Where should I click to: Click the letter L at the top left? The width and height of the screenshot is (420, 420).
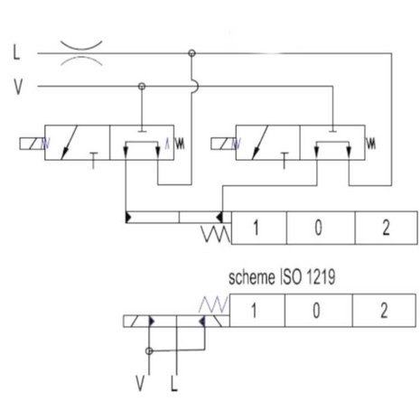click(16, 52)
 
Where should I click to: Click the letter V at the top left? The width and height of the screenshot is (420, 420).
click(18, 87)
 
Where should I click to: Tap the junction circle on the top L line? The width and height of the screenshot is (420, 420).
click(191, 53)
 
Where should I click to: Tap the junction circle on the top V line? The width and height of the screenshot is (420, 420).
click(142, 87)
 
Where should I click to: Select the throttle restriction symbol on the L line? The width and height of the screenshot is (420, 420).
click(81, 53)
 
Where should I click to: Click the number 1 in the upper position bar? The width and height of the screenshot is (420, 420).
click(256, 228)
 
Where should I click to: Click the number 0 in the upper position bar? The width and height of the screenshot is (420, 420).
click(318, 228)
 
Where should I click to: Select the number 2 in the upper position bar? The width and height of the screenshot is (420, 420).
click(386, 228)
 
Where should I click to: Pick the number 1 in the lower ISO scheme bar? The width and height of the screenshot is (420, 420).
click(254, 311)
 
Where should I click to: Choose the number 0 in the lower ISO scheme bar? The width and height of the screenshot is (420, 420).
click(316, 311)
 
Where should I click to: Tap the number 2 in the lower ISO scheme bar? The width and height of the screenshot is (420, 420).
click(384, 311)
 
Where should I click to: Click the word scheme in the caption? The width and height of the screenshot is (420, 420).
click(252, 277)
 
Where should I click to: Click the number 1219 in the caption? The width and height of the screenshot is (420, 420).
click(321, 277)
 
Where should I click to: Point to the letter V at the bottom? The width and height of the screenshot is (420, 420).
click(140, 383)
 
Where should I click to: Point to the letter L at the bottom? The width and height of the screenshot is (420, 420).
click(173, 383)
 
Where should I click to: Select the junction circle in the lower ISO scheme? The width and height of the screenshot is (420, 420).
click(149, 351)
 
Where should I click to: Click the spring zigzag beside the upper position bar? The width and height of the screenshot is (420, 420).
click(216, 234)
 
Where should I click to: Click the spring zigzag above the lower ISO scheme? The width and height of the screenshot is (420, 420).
click(213, 304)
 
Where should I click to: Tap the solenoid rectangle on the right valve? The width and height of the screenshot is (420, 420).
click(223, 144)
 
